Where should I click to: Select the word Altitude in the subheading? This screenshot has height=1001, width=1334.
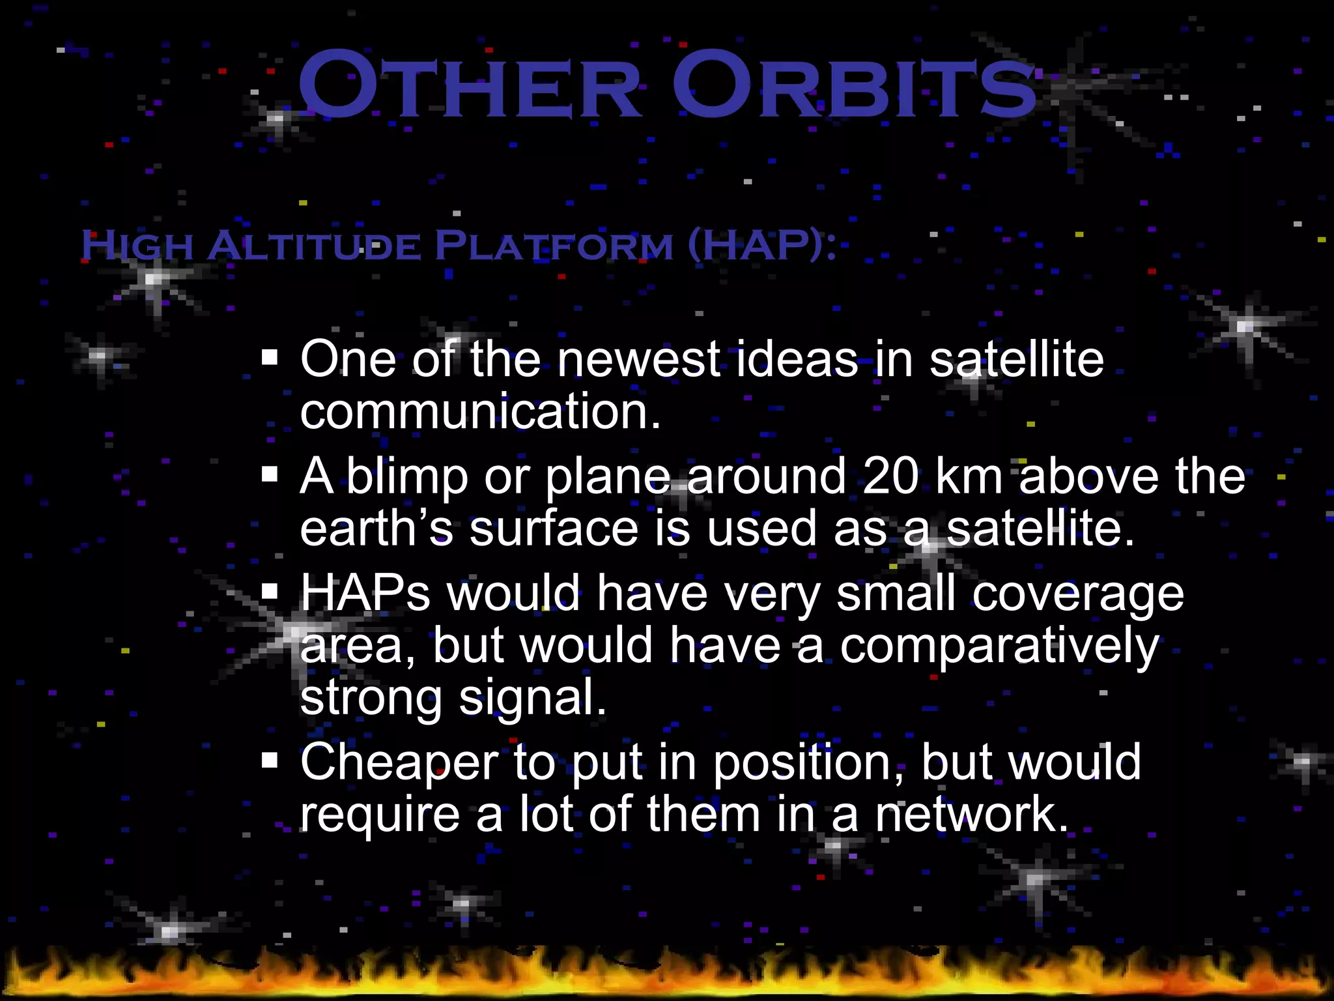click(315, 246)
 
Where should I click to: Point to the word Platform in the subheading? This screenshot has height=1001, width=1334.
click(554, 246)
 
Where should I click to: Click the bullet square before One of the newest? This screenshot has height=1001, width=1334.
click(270, 358)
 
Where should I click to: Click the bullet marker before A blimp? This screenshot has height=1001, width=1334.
click(270, 474)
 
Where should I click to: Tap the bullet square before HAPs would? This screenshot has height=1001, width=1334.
click(270, 591)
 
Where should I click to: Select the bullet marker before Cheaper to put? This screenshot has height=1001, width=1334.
click(270, 761)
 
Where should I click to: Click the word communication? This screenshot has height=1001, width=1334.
click(480, 412)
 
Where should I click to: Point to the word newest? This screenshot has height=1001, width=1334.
click(639, 360)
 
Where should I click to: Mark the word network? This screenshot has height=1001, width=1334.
click(971, 815)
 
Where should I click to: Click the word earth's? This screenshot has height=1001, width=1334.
click(376, 529)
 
